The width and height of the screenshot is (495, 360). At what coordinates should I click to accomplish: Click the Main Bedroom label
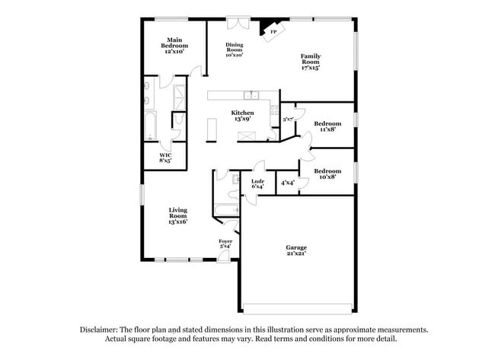pyautogui.click(x=174, y=46)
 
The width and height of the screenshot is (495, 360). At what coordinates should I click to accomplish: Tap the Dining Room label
pyautogui.click(x=234, y=50)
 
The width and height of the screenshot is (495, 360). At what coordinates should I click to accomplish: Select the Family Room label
pyautogui.click(x=309, y=62)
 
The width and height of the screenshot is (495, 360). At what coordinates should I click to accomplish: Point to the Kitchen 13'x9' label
pyautogui.click(x=243, y=116)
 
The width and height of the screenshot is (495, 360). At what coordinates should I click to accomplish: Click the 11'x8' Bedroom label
pyautogui.click(x=327, y=126)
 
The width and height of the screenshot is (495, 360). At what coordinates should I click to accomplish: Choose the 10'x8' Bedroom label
pyautogui.click(x=327, y=174)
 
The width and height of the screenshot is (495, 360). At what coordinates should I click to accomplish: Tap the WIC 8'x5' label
pyautogui.click(x=164, y=158)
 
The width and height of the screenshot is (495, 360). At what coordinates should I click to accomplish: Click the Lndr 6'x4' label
pyautogui.click(x=257, y=183)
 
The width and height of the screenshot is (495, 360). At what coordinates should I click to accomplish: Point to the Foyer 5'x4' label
pyautogui.click(x=225, y=244)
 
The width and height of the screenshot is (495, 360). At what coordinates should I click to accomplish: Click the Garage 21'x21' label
pyautogui.click(x=297, y=250)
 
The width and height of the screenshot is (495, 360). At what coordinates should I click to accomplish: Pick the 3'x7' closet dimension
pyautogui.click(x=288, y=119)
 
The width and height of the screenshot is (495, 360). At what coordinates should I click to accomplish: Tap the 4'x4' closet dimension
pyautogui.click(x=287, y=183)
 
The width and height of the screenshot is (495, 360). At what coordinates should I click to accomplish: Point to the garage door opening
pyautogui.click(x=297, y=309)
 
